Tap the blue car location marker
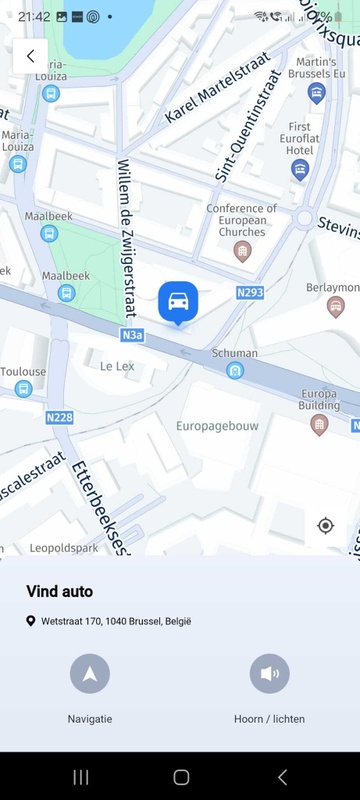[x=178, y=300]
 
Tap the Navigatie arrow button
[x=90, y=673]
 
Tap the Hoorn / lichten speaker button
[x=269, y=673]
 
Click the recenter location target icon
[x=325, y=526]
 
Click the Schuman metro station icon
[x=235, y=371]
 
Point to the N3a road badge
[x=132, y=336]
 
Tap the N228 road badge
[x=59, y=416]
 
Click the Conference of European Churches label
[x=236, y=220]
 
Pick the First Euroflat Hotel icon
[x=299, y=169]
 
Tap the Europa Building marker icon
[x=319, y=425]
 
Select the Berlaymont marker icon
[x=336, y=305]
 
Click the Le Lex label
[x=117, y=367]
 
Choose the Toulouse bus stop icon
[x=22, y=390]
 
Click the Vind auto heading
[x=59, y=592]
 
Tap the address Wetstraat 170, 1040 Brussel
[x=116, y=621]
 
